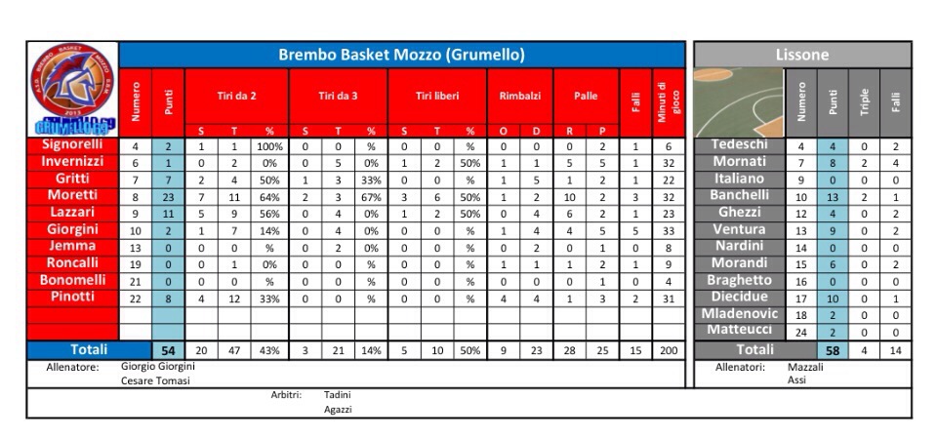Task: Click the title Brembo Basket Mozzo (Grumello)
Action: pyautogui.click(x=401, y=55)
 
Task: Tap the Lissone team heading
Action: pyautogui.click(x=802, y=55)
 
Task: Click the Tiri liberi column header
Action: pyautogui.click(x=437, y=97)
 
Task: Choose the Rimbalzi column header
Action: pyautogui.click(x=519, y=97)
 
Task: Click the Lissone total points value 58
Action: pyautogui.click(x=832, y=349)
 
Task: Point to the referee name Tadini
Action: pyautogui.click(x=337, y=395)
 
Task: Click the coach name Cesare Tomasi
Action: pyautogui.click(x=155, y=380)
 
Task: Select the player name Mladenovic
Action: pyautogui.click(x=740, y=313)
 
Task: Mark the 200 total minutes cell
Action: pyautogui.click(x=668, y=349)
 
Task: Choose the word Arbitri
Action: pyautogui.click(x=285, y=395)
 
